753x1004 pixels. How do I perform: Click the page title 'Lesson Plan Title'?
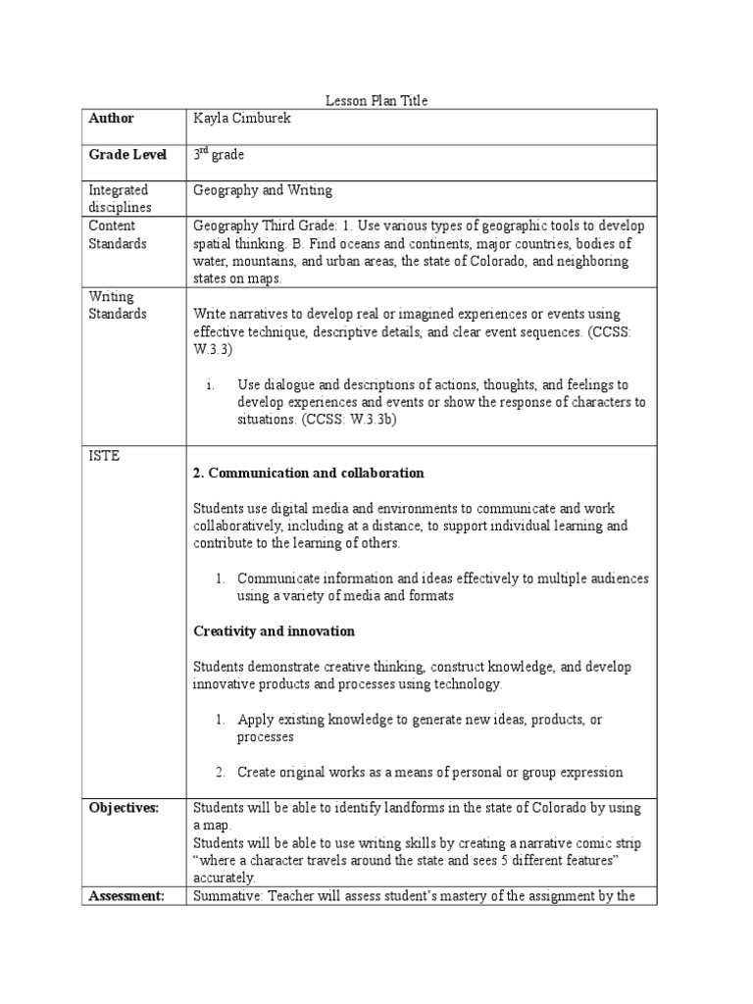376,100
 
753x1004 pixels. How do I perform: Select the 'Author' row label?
111,119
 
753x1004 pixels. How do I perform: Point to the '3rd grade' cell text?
219,154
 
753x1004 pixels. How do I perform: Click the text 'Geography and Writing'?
263,189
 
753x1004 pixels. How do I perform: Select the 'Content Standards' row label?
118,234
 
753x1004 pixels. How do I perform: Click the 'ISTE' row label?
104,456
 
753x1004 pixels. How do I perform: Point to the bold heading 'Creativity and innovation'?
274,630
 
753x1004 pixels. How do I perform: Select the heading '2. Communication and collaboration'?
308,473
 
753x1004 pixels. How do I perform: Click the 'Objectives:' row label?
124,807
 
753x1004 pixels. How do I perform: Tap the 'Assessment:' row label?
125,895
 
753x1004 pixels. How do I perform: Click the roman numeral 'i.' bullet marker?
210,384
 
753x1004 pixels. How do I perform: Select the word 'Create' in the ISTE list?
258,772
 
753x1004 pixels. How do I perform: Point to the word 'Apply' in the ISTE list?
256,719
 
